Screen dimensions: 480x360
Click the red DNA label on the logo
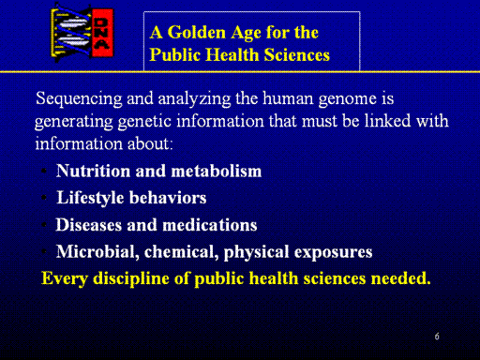102,33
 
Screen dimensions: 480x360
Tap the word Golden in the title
197,32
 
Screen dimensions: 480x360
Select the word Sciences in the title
297,54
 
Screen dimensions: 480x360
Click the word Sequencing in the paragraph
79,99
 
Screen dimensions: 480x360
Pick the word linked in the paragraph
387,121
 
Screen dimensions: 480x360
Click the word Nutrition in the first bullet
93,171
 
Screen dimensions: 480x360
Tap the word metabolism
216,171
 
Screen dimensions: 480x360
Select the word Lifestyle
90,199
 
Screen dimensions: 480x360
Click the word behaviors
168,198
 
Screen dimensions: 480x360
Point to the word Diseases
89,225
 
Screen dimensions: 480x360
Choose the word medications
210,225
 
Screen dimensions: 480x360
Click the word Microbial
97,252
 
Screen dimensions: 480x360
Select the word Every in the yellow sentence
65,278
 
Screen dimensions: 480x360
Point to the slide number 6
437,337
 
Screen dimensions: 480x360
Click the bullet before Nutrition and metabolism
44,171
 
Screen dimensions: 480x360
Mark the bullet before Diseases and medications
44,224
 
